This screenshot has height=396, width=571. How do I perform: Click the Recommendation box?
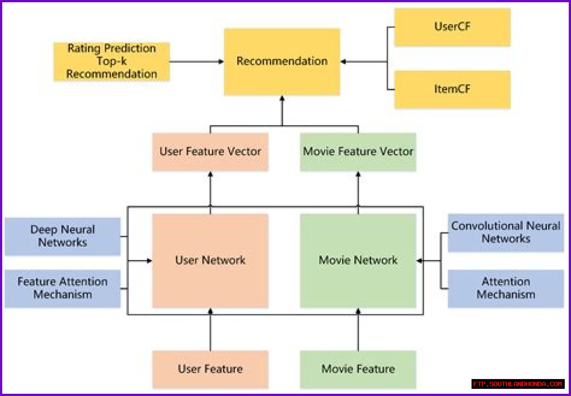[282, 62]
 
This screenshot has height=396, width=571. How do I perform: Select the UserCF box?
[452, 27]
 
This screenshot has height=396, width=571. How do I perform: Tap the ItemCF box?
[452, 89]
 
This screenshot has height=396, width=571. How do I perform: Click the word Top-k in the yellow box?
[112, 61]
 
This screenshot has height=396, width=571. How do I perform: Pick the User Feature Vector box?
[210, 152]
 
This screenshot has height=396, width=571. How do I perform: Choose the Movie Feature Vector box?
[358, 152]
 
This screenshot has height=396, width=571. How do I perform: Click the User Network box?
[210, 260]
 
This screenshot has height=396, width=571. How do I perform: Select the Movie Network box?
[358, 260]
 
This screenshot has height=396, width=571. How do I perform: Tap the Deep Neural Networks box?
[62, 236]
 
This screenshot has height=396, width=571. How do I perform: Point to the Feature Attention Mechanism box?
[62, 288]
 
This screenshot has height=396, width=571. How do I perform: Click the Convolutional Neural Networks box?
[506, 232]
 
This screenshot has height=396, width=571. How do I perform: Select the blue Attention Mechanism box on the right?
[506, 288]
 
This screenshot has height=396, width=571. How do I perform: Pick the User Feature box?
[210, 369]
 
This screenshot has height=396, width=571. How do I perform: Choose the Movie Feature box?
[358, 369]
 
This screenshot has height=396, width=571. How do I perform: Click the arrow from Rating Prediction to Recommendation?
[196, 62]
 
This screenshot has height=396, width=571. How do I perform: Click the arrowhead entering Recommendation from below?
[282, 99]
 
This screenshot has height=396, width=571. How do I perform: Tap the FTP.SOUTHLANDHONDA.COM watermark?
[518, 384]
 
